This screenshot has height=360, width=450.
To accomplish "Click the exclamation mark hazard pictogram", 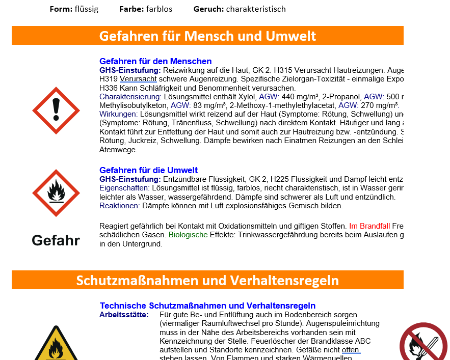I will point(56,110).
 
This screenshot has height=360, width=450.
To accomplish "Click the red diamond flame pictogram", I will point(56,193).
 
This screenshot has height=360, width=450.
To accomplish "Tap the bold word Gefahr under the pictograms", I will point(56,240).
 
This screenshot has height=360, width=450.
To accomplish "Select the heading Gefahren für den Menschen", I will point(155,61).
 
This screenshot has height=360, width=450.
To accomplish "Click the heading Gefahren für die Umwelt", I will point(148,170).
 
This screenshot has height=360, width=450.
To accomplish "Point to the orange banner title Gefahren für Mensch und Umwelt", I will point(207,36).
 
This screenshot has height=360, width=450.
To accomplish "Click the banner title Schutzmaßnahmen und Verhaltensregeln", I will point(207,280).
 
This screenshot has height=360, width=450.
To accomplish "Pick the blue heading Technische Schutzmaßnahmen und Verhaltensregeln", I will point(207,306).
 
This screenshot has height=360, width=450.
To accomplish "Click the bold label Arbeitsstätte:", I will point(124,315).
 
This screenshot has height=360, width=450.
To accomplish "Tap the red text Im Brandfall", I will point(369,226).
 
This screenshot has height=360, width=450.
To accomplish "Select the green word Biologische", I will point(188,235).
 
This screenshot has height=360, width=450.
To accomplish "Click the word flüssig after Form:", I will point(86,9).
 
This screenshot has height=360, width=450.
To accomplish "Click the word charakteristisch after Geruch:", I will point(256,9).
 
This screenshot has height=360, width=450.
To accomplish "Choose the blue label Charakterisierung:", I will point(130,97).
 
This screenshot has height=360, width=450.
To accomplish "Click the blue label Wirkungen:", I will point(118,114).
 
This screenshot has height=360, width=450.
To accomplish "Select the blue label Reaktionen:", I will point(119,206).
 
